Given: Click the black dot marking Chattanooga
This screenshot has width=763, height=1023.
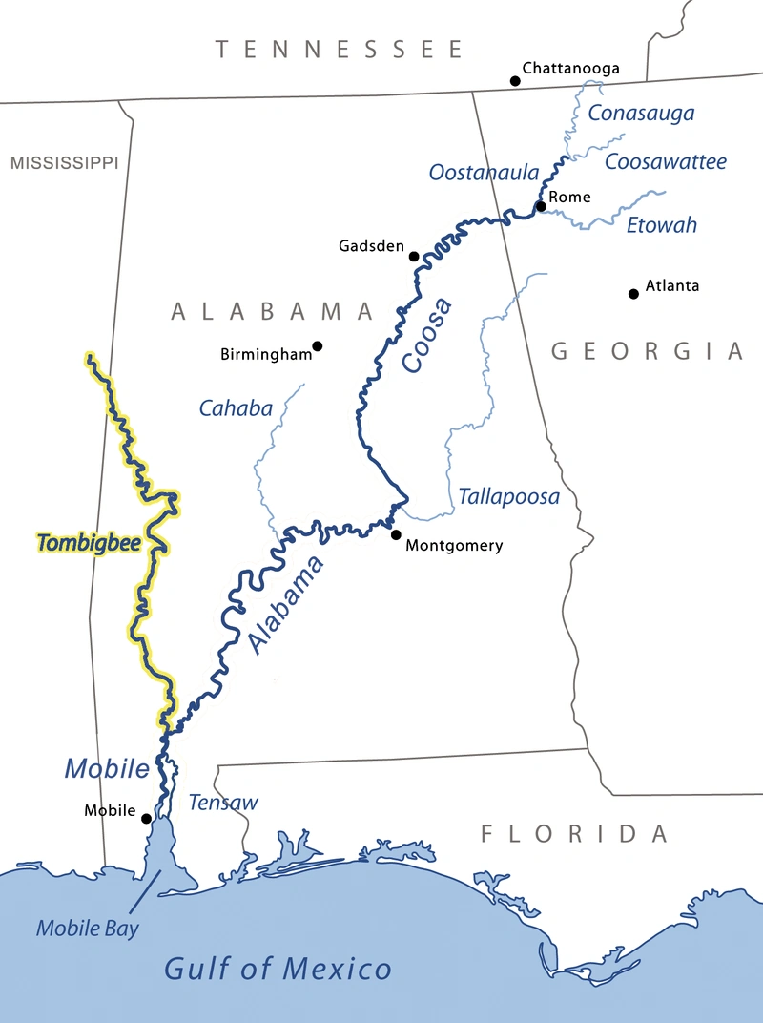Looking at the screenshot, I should tap(516, 81).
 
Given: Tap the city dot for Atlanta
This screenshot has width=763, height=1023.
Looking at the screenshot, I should tap(633, 293).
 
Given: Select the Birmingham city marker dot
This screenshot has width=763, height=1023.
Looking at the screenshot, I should tap(317, 345).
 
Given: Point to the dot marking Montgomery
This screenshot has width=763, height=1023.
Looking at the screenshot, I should tap(396, 534).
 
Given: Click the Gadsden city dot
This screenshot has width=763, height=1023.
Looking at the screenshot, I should tap(414, 256).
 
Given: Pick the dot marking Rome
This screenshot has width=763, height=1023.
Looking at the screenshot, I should tap(541, 206).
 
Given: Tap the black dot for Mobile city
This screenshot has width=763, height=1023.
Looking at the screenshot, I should tap(146, 818).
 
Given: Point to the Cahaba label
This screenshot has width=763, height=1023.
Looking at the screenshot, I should tap(236, 408).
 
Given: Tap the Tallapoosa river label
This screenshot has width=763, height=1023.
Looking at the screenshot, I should tap(508, 497).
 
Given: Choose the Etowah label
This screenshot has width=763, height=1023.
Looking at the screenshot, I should tap(661, 226).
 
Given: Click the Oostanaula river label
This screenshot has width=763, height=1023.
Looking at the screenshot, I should tap(484, 173).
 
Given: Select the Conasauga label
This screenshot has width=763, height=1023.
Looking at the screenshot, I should tap(641, 114).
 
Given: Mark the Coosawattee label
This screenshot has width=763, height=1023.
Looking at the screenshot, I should tap(666, 161).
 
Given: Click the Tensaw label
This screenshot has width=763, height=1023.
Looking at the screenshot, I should tap(222, 803).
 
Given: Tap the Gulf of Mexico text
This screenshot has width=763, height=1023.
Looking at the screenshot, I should tap(278, 970).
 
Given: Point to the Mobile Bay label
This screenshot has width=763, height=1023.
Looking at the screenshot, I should tap(87, 928).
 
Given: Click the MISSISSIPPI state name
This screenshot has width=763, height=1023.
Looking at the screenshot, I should tap(64, 163).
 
